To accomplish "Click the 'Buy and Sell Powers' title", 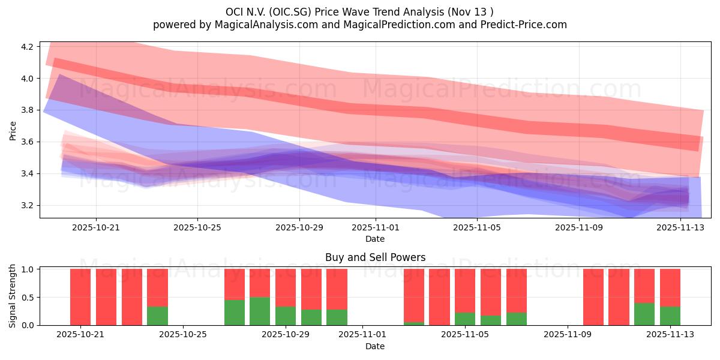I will (x=375, y=257).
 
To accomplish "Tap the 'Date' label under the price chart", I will (x=375, y=239).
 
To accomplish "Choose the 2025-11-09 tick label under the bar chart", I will (x=567, y=335).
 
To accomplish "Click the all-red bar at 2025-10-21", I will (x=80, y=297).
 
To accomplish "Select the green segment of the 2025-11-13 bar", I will (x=670, y=316).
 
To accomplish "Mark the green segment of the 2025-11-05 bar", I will (x=465, y=319).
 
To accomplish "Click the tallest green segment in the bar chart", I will (x=260, y=311).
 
